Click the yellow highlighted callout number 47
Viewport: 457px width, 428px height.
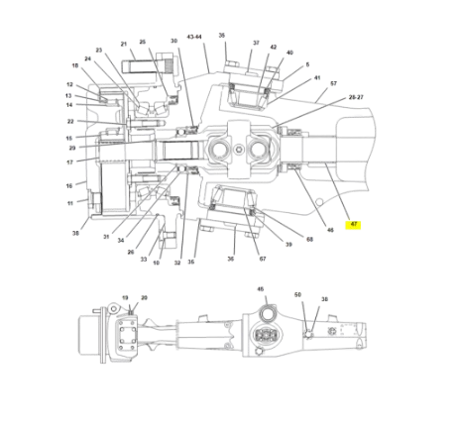[x=353, y=225]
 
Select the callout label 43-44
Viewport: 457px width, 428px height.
[x=194, y=37]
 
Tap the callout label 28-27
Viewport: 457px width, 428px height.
[x=355, y=98]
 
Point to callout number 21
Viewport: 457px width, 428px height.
[x=124, y=44]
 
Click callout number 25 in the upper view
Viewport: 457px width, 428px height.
[x=143, y=43]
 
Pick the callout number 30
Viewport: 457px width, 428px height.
[x=173, y=42]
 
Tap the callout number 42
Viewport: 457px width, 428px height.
[x=274, y=47]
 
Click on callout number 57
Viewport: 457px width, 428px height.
[x=333, y=83]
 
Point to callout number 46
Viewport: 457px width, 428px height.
[x=330, y=230]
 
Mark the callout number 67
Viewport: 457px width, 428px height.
[x=263, y=259]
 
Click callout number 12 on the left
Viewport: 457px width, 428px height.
[x=70, y=85]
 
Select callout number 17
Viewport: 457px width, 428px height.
[x=70, y=161]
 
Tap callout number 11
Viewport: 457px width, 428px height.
[x=70, y=202]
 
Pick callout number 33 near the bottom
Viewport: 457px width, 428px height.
[x=143, y=260]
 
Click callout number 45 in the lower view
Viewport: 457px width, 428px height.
[x=261, y=290]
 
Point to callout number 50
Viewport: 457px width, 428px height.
[x=297, y=294]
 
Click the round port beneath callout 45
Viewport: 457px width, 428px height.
[x=265, y=316]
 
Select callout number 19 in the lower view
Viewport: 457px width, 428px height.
[x=125, y=297]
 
